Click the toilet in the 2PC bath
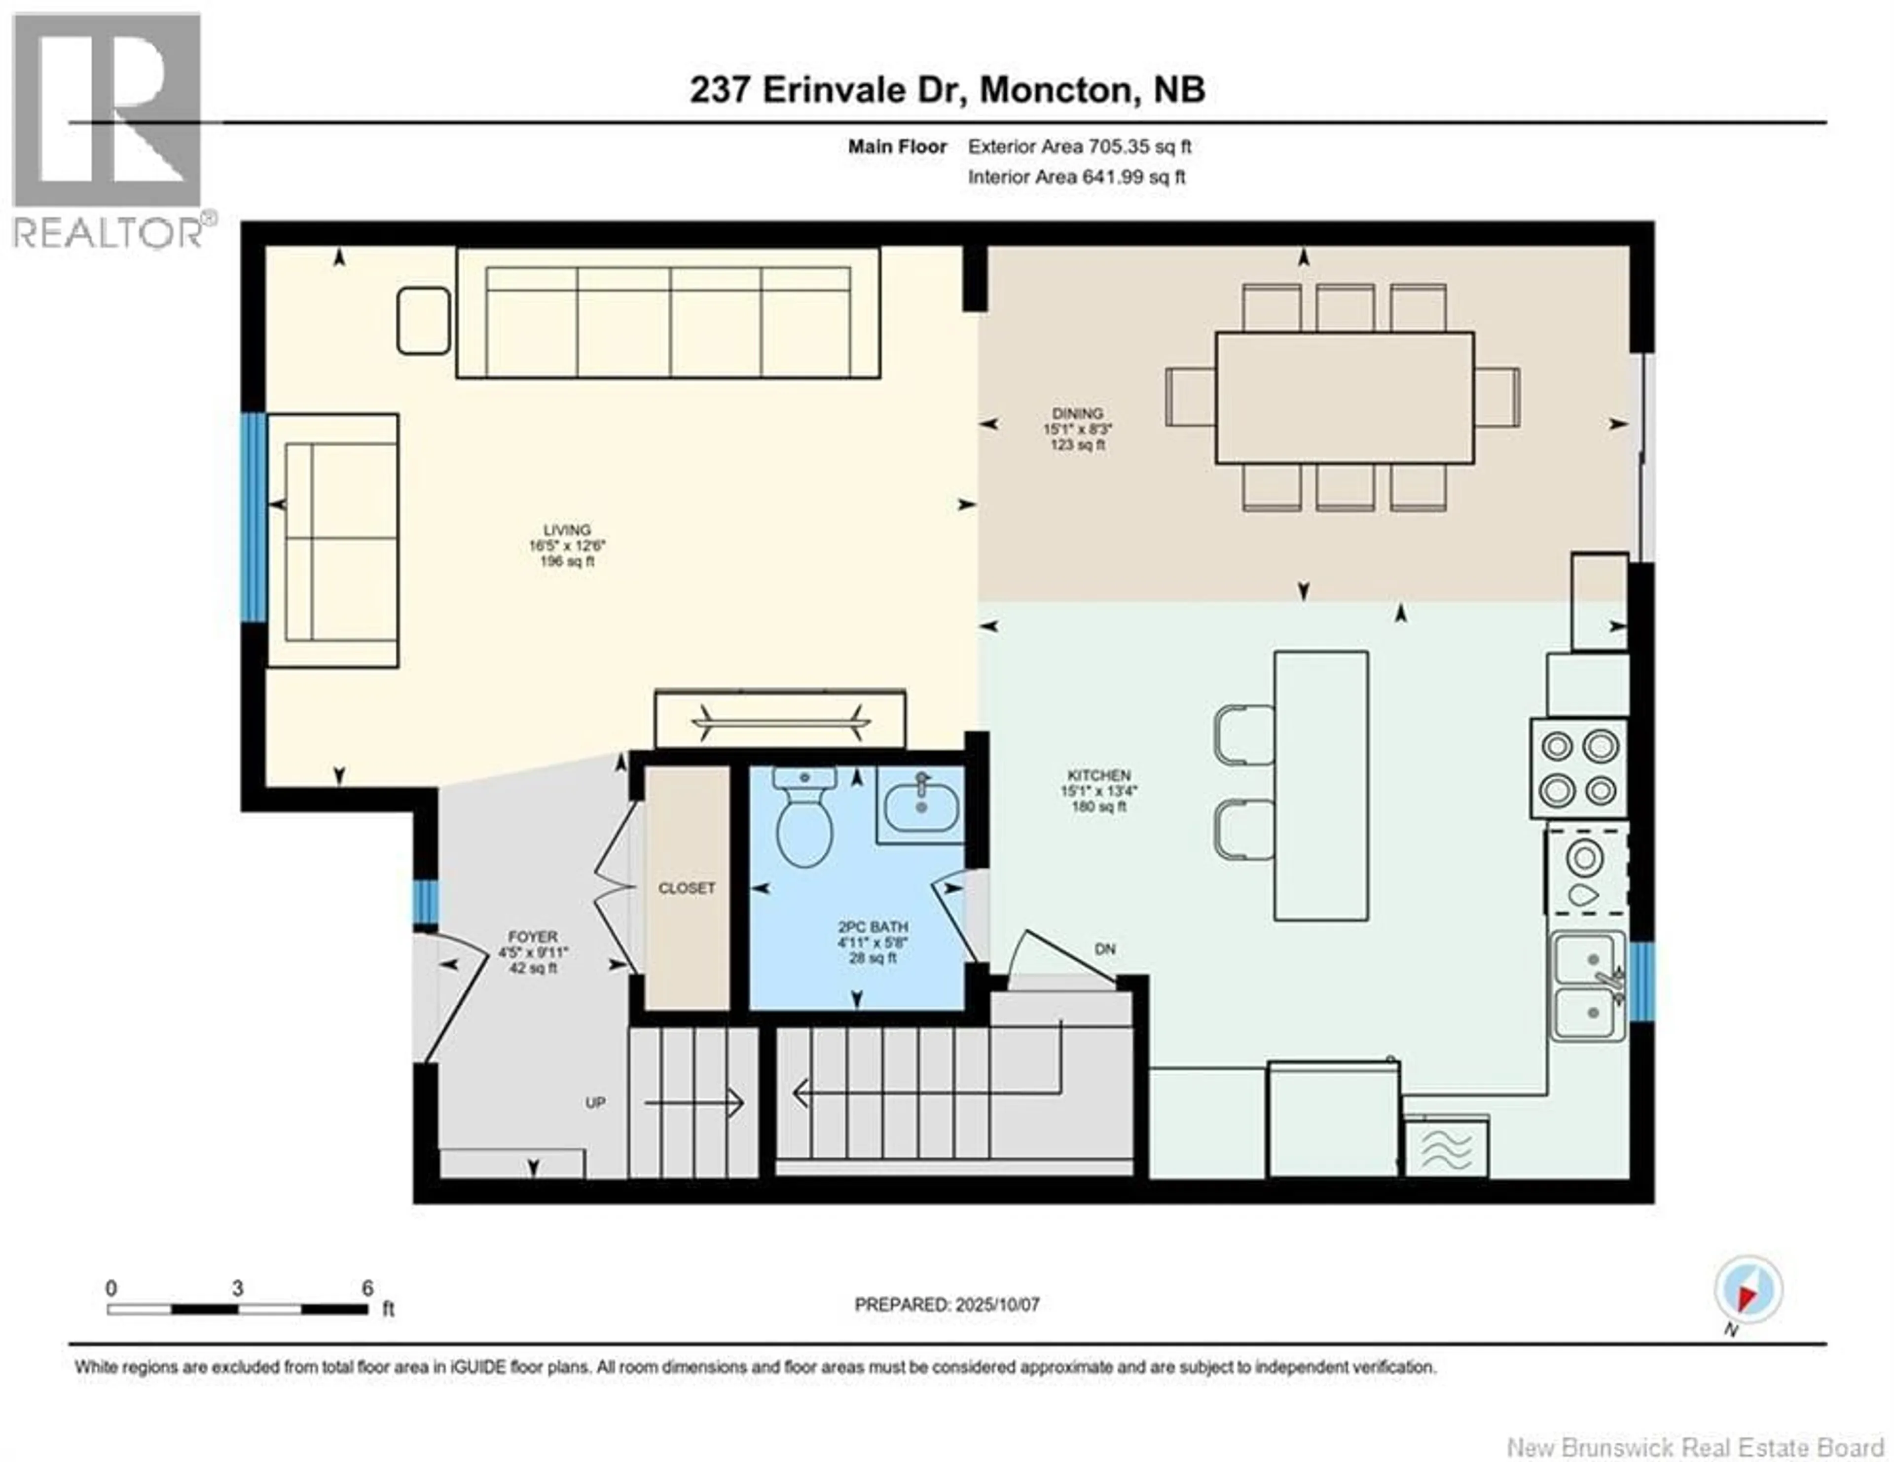pyautogui.click(x=805, y=817)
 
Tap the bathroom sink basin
pyautogui.click(x=921, y=806)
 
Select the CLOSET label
pyautogui.click(x=687, y=888)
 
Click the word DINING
pyautogui.click(x=1078, y=414)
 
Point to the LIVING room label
pyautogui.click(x=567, y=530)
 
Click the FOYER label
pyautogui.click(x=533, y=937)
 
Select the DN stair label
pyautogui.click(x=1105, y=950)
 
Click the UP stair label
pyautogui.click(x=595, y=1103)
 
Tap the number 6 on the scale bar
pyautogui.click(x=367, y=1288)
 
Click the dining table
pyautogui.click(x=1344, y=397)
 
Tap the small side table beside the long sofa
pyautogui.click(x=423, y=321)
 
